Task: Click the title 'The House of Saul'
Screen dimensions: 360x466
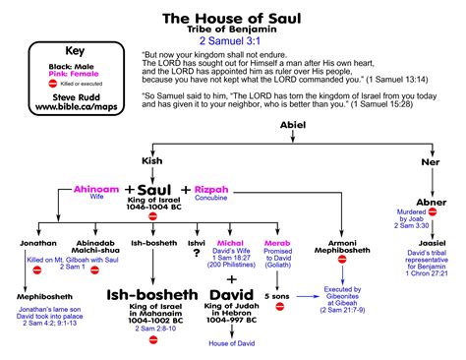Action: (x=232, y=17)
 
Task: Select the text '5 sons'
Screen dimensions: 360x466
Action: (x=279, y=295)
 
